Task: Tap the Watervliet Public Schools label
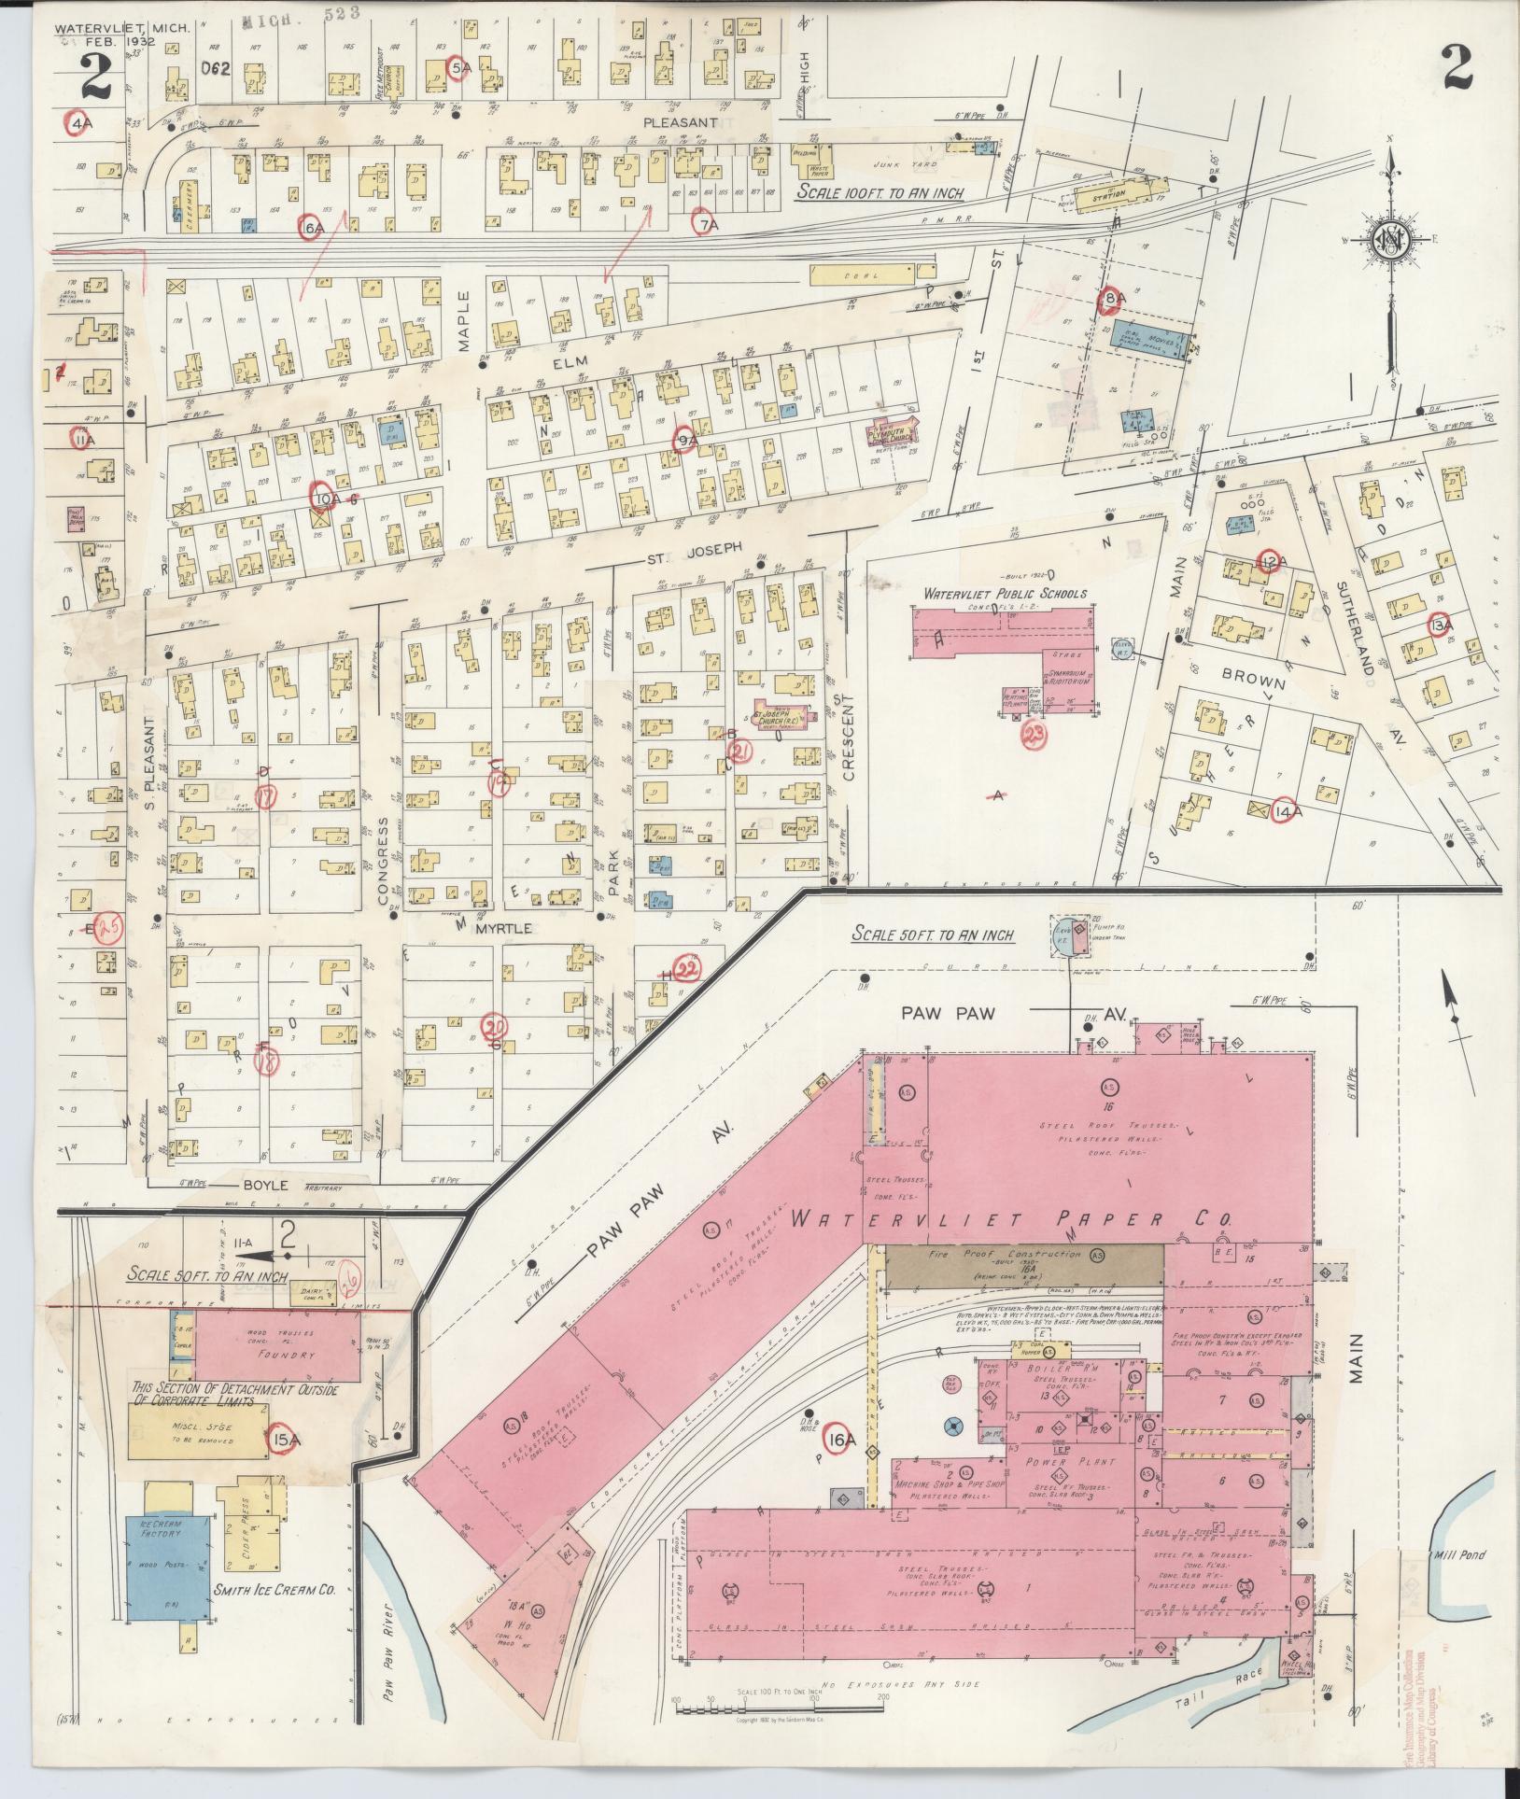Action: click(x=1005, y=593)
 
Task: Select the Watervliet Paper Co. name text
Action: click(x=1012, y=1219)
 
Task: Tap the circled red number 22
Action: click(x=688, y=968)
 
